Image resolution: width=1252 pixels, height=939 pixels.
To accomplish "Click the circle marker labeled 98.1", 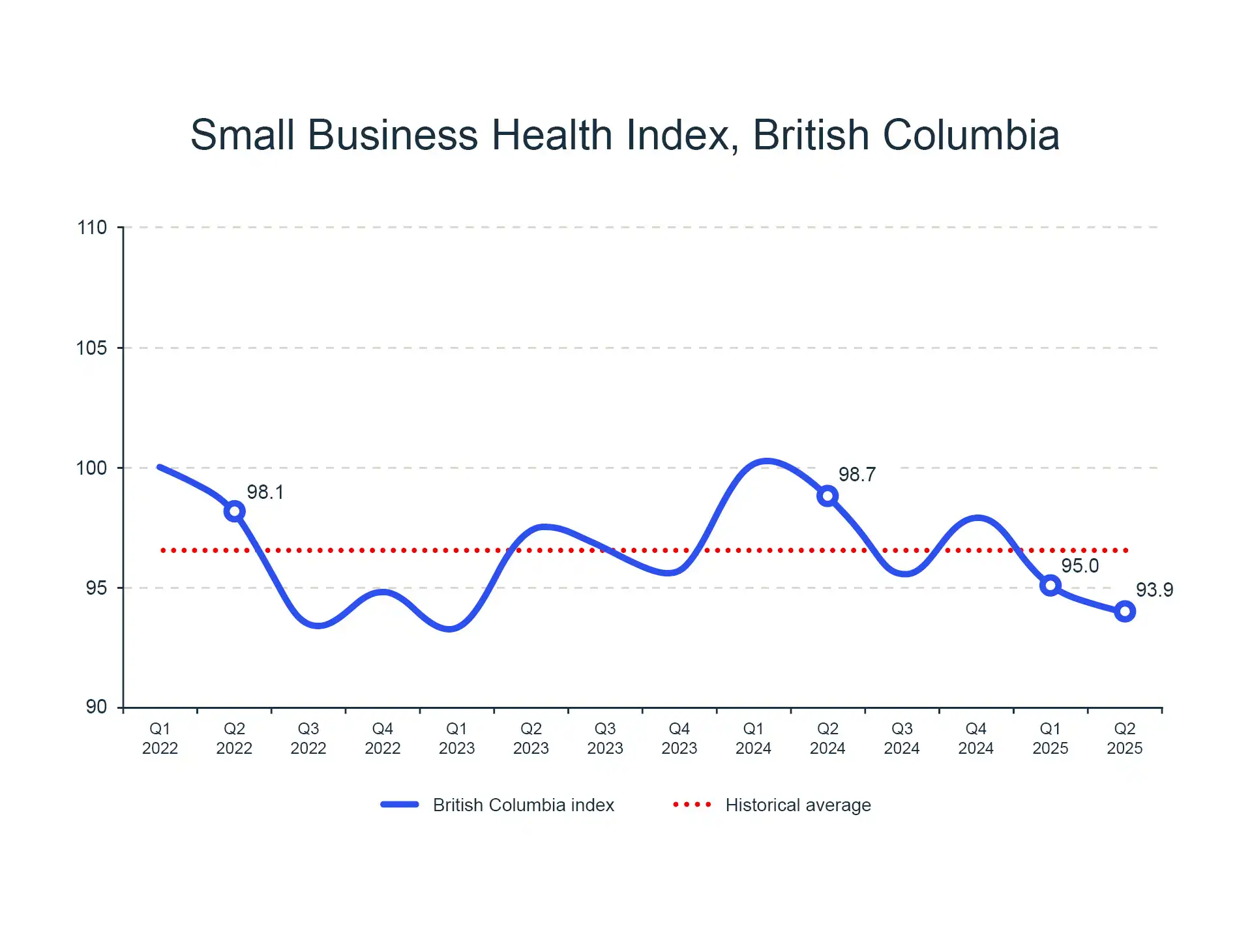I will (x=235, y=511).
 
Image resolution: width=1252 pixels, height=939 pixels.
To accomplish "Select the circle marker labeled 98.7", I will (x=827, y=496).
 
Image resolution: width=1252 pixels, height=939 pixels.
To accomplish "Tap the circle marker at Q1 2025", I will (x=1050, y=586).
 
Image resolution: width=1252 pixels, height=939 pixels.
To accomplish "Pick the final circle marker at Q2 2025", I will (x=1124, y=612).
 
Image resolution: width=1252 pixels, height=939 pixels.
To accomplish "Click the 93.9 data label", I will (x=1154, y=590).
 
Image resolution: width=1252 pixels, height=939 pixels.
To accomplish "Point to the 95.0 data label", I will (x=1080, y=566).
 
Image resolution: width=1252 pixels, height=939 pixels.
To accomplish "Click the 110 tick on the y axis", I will (x=92, y=228).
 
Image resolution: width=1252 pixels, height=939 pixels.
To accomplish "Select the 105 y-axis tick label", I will (x=92, y=348).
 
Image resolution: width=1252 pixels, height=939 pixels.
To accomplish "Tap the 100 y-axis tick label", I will (x=92, y=468).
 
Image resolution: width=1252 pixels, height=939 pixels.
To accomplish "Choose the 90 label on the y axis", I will (x=97, y=707).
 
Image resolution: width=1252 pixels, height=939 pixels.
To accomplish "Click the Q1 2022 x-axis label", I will (x=160, y=738).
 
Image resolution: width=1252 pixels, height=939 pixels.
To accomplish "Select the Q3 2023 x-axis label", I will (x=605, y=738).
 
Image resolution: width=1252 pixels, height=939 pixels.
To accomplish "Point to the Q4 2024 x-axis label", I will (x=976, y=738).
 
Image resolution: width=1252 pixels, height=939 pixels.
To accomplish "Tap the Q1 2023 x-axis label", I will (x=456, y=738).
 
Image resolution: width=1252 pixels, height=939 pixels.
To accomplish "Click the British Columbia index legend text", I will (x=524, y=805).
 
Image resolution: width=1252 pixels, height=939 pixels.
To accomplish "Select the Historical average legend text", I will (x=798, y=805).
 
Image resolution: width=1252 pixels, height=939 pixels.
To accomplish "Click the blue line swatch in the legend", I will (x=400, y=805).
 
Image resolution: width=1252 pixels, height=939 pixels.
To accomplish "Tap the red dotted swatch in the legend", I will (x=692, y=805).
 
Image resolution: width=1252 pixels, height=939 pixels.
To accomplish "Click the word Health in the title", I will (x=552, y=135).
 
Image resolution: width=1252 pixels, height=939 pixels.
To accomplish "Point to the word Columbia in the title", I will (x=971, y=135).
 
